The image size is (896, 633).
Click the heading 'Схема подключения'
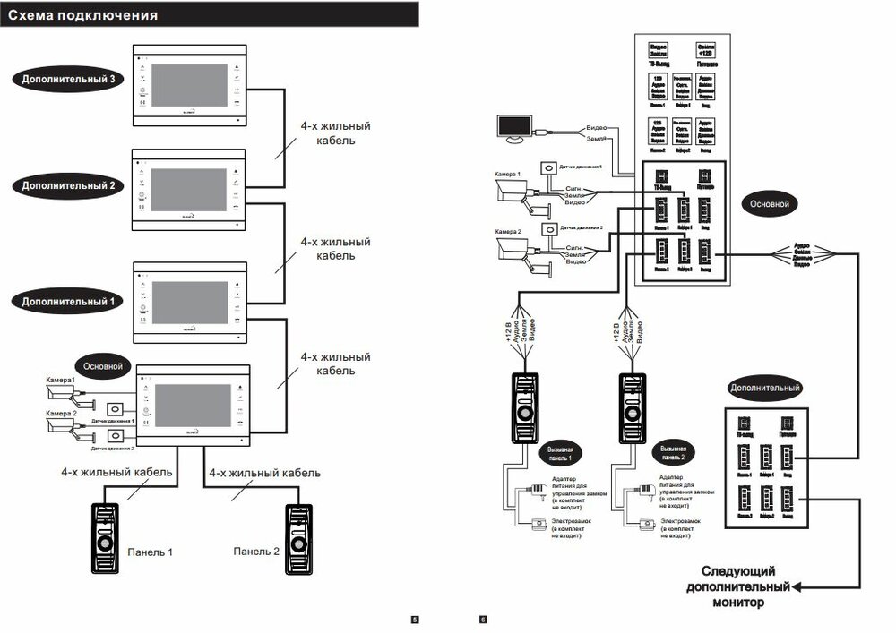click(x=83, y=15)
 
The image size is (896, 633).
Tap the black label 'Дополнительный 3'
click(x=68, y=79)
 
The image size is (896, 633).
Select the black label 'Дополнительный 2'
click(x=68, y=185)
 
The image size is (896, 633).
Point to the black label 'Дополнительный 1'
click(x=68, y=302)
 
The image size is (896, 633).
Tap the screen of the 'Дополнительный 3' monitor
click(x=188, y=87)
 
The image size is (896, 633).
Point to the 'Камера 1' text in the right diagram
click(x=507, y=174)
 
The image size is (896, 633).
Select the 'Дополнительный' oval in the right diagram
click(x=763, y=388)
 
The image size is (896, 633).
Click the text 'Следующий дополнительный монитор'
click(x=737, y=586)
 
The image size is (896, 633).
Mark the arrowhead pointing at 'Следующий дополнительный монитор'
click(x=797, y=587)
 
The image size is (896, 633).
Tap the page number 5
click(x=414, y=619)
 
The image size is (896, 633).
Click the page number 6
click(x=483, y=619)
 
